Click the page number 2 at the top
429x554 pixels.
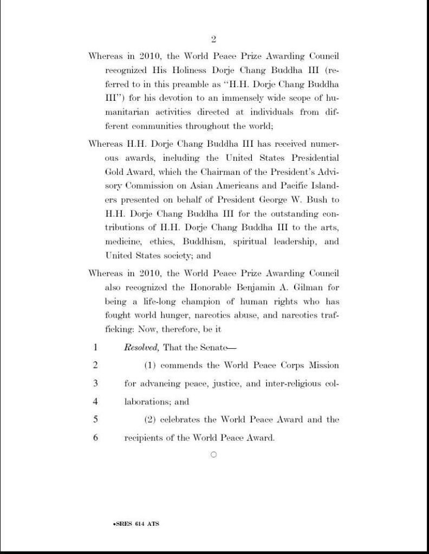213,39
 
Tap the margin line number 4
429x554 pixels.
95,402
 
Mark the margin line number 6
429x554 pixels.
95,438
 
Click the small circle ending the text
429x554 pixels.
213,455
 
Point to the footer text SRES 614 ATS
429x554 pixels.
136,524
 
